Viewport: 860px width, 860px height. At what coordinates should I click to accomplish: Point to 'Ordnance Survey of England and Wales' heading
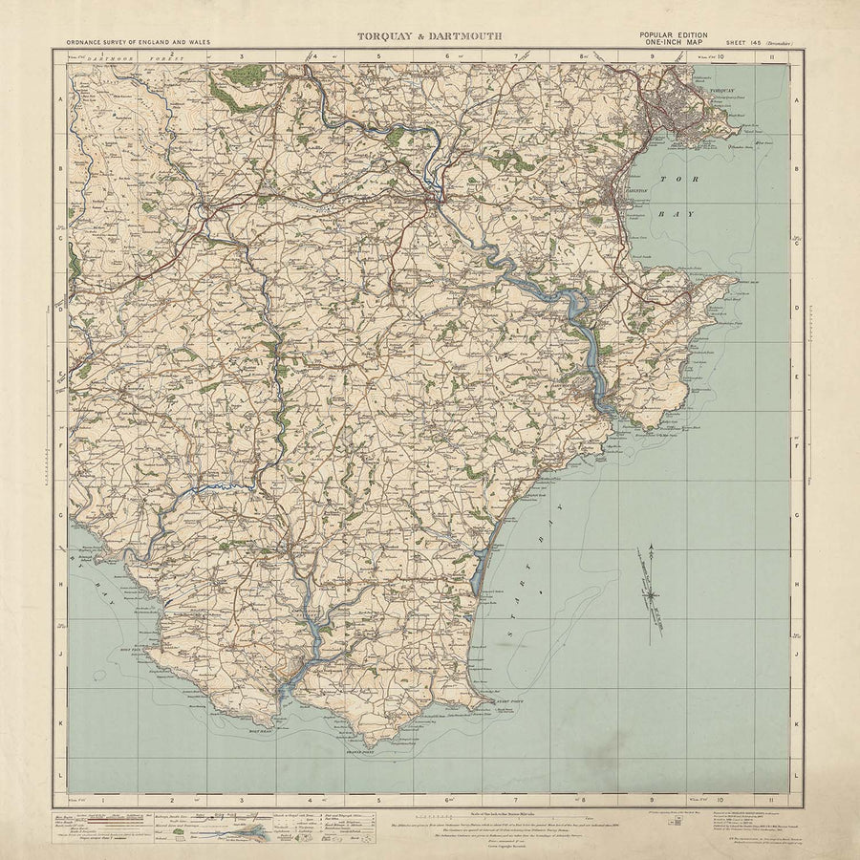pyautogui.click(x=138, y=43)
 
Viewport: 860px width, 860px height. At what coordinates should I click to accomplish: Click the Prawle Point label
pyautogui.click(x=357, y=753)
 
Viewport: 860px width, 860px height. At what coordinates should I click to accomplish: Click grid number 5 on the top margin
pyautogui.click(x=378, y=56)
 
